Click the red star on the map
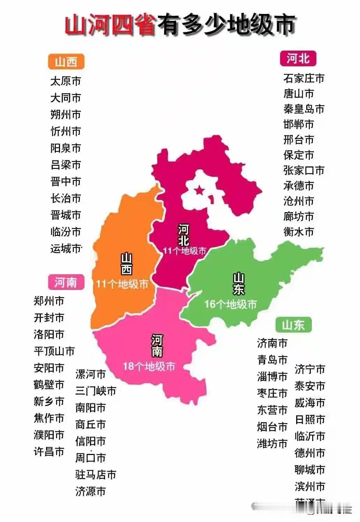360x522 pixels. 199,190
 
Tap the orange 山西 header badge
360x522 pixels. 66,62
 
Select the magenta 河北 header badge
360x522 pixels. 298,58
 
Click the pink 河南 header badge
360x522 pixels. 66,282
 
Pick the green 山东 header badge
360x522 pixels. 293,325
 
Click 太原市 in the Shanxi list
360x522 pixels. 66,81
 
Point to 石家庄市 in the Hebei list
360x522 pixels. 304,78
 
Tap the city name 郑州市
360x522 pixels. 49,301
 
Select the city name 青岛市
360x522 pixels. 272,360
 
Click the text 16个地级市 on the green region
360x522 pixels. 230,304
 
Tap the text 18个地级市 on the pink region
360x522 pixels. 149,366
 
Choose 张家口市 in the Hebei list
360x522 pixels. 304,170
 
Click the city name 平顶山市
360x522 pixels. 54,351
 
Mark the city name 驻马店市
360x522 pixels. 96,475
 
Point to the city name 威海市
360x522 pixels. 310,403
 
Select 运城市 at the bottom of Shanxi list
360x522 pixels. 66,248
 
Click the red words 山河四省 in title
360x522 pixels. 110,25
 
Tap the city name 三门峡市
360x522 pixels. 96,391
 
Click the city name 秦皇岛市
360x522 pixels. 304,109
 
